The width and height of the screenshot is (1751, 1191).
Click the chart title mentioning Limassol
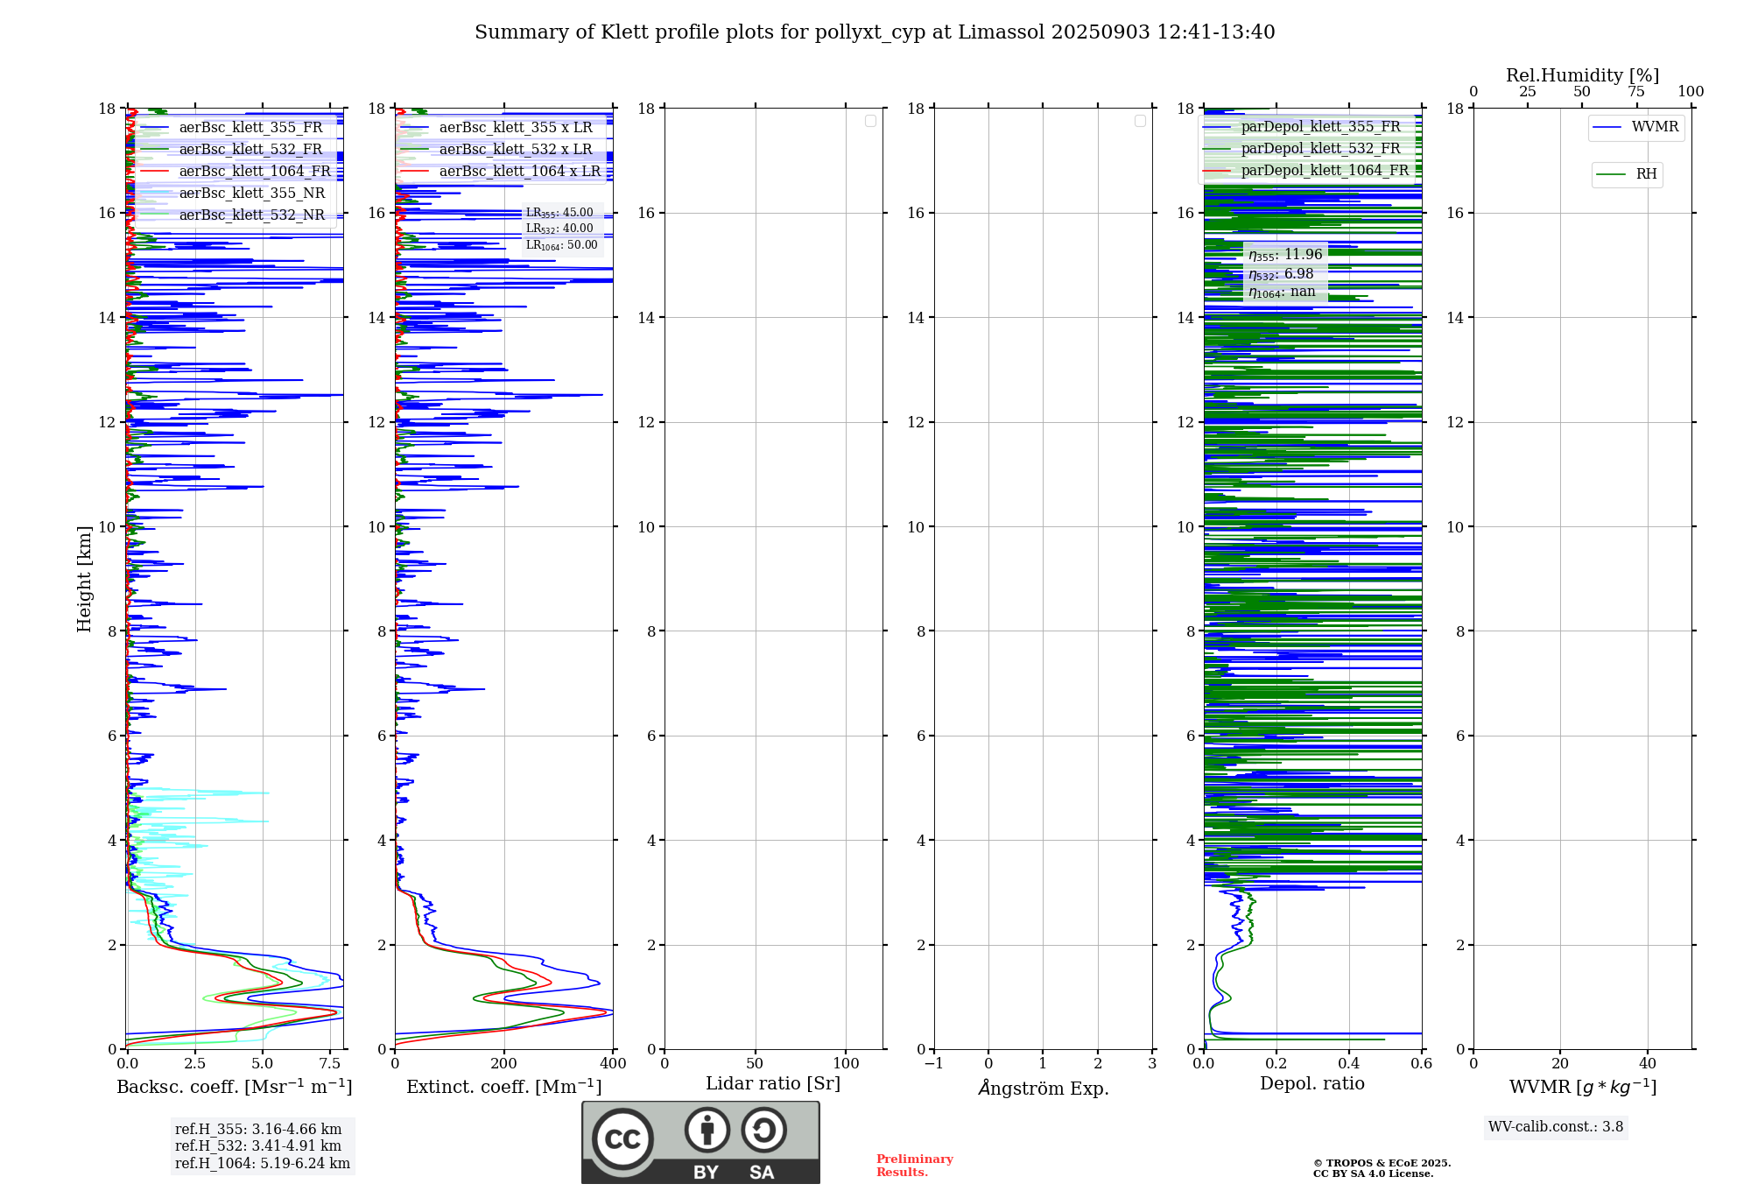(x=874, y=32)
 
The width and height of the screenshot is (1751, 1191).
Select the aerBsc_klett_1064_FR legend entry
(x=254, y=172)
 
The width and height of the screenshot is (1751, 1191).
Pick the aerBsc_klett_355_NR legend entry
(x=251, y=194)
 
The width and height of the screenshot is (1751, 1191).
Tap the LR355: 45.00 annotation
(x=559, y=213)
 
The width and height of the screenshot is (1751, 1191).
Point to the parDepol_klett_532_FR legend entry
(x=1320, y=149)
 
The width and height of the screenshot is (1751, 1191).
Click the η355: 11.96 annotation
(x=1285, y=255)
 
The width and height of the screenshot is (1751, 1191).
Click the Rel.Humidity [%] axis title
(x=1582, y=75)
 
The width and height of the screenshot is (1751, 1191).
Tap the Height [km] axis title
(x=84, y=579)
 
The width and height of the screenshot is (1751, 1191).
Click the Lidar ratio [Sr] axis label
(x=772, y=1084)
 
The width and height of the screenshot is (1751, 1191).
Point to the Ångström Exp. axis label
(x=1043, y=1089)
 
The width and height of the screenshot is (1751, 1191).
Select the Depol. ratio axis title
(x=1311, y=1084)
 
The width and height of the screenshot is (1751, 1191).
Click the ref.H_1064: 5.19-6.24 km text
(x=262, y=1164)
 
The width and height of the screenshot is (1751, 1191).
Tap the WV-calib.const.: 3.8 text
(x=1555, y=1127)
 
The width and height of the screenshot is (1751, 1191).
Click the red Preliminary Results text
(x=914, y=1166)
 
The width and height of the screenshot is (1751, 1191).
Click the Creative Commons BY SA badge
(x=700, y=1143)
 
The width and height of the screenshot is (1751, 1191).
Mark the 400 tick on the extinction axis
(x=613, y=1064)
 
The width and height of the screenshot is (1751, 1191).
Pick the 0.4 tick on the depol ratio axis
(x=1349, y=1064)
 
